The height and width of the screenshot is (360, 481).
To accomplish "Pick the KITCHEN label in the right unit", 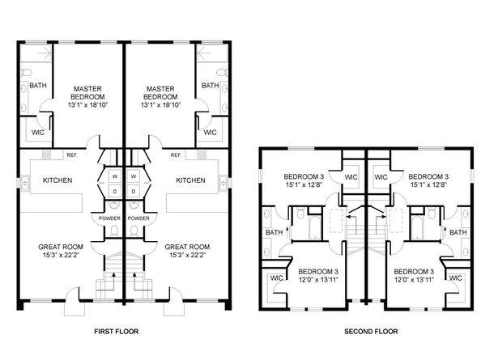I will click(190, 180).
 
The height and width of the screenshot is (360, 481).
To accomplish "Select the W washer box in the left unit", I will click(113, 176).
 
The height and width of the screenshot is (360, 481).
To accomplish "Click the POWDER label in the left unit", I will click(110, 218).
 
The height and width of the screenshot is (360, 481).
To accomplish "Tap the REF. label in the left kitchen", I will click(71, 155).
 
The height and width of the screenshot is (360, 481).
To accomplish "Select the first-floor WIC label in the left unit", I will click(37, 132).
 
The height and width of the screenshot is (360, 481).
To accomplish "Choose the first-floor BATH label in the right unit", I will click(210, 86).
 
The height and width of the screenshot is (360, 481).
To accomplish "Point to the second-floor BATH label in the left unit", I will click(275, 233).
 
